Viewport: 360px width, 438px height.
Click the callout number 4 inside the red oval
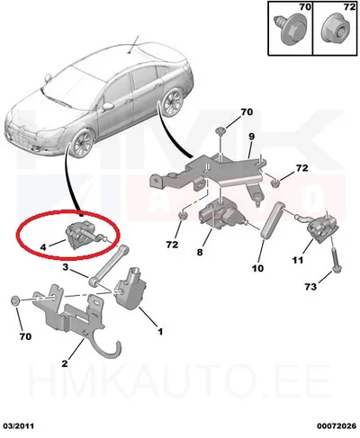tap(43, 247)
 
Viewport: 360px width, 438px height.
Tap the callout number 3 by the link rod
tap(66, 266)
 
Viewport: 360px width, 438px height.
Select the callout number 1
tap(160, 331)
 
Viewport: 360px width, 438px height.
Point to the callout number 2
tap(65, 363)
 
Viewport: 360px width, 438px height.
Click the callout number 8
tap(200, 252)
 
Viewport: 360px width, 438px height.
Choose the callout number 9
tap(251, 137)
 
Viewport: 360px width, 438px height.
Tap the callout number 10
tap(257, 268)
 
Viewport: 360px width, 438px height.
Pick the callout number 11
tap(298, 260)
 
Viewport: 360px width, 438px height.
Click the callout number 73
tap(310, 287)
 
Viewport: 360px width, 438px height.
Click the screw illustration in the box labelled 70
tap(289, 30)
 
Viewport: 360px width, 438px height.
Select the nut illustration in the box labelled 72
tap(336, 31)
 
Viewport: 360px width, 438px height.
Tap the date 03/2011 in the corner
tap(19, 426)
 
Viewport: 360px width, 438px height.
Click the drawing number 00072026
tap(337, 426)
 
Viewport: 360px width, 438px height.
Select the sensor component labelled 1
tap(130, 289)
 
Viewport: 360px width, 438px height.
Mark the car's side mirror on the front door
tap(108, 106)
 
